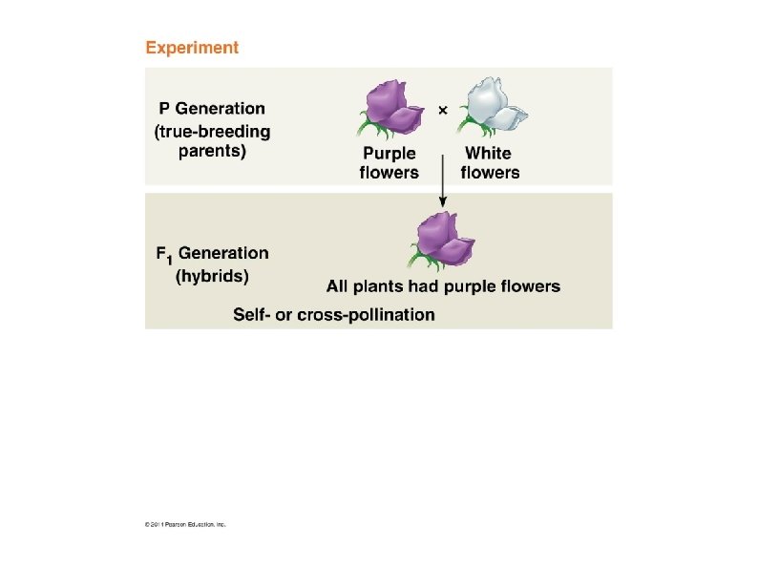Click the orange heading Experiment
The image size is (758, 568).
192,47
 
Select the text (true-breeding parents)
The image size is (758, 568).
212,141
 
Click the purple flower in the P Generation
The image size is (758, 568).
391,107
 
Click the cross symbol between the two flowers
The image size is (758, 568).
442,111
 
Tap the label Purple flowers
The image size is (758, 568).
390,162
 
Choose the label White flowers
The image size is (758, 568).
490,162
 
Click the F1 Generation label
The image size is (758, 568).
212,254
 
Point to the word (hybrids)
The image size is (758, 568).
212,278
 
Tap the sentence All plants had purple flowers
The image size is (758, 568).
443,285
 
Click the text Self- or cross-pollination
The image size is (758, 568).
334,314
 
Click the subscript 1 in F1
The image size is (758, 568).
168,259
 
